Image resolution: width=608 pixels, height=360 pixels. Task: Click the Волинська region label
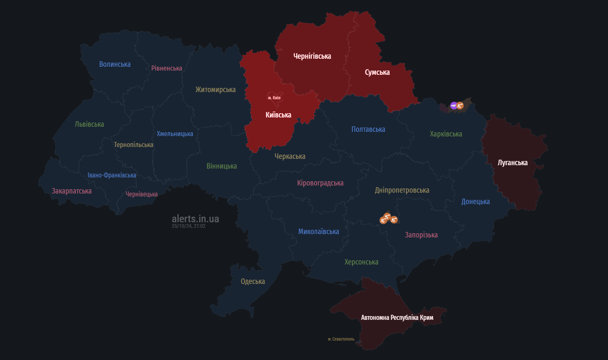click(x=115, y=64)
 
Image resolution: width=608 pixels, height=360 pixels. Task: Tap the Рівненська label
click(x=167, y=68)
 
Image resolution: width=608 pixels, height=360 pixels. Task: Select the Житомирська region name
click(x=215, y=90)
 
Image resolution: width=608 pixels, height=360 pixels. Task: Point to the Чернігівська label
click(x=312, y=56)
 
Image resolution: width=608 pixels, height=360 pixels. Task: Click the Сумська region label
click(x=377, y=72)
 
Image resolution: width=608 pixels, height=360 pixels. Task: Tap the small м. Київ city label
click(x=274, y=98)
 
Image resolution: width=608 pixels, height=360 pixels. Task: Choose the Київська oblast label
click(x=278, y=115)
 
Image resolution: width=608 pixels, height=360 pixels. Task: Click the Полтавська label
click(x=368, y=129)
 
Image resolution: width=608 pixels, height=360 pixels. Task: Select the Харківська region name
click(x=446, y=134)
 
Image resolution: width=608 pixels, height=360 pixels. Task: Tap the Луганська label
click(x=513, y=163)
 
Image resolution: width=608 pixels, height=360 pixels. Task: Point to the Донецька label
click(x=476, y=202)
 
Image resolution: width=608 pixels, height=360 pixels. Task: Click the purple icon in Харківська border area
click(x=453, y=106)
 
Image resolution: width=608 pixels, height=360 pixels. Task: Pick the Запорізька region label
click(x=421, y=235)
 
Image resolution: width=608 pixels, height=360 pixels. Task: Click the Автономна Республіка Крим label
click(x=397, y=317)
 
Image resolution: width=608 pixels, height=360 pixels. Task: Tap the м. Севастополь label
click(x=341, y=339)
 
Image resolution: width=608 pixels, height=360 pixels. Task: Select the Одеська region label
click(x=253, y=281)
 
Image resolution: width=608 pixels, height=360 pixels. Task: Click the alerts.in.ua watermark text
click(x=195, y=218)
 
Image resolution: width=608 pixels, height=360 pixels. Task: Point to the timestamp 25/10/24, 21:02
click(x=188, y=226)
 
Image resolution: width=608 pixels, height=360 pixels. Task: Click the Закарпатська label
click(x=72, y=191)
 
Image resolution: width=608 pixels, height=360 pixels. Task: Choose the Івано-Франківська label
click(x=112, y=175)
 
